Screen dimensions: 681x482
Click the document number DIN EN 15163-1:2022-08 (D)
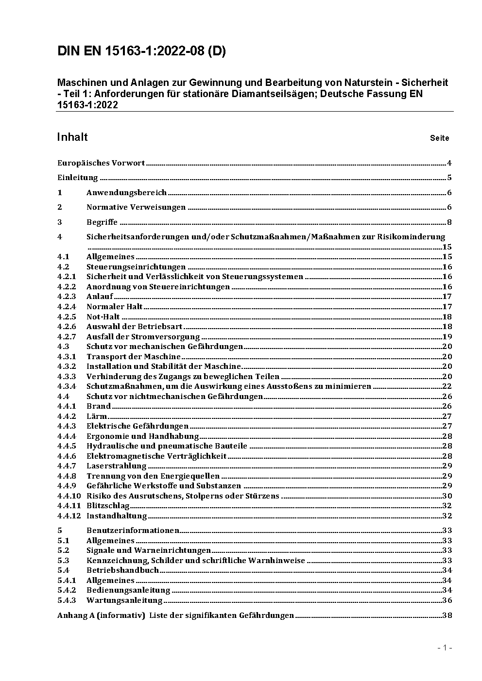pyautogui.click(x=141, y=51)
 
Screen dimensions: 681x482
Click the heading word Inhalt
pyautogui.click(x=72, y=137)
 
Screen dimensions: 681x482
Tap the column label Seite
pyautogui.click(x=439, y=138)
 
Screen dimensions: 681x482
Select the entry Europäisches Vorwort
pyautogui.click(x=101, y=163)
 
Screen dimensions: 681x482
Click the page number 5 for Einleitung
pyautogui.click(x=449, y=178)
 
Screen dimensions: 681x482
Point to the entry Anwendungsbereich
pyautogui.click(x=126, y=193)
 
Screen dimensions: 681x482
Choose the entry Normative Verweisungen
pyautogui.click(x=136, y=207)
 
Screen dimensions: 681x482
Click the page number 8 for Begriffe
pyautogui.click(x=449, y=222)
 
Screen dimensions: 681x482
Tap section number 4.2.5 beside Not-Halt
pyautogui.click(x=67, y=316)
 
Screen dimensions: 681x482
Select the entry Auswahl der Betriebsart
pyautogui.click(x=135, y=327)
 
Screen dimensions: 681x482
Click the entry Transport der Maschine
pyautogui.click(x=134, y=357)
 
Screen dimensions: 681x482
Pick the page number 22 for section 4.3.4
pyautogui.click(x=447, y=386)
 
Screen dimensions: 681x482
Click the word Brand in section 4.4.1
pyautogui.click(x=99, y=406)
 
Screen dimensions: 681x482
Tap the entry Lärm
pyautogui.click(x=97, y=416)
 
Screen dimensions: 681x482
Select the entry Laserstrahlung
pyautogui.click(x=117, y=466)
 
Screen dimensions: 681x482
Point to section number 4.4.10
pyautogui.click(x=69, y=496)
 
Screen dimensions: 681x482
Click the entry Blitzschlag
pyautogui.click(x=108, y=506)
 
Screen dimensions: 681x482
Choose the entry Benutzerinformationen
pyautogui.click(x=133, y=531)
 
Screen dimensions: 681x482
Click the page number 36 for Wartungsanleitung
pyautogui.click(x=447, y=600)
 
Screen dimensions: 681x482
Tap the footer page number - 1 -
pyautogui.click(x=445, y=648)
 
